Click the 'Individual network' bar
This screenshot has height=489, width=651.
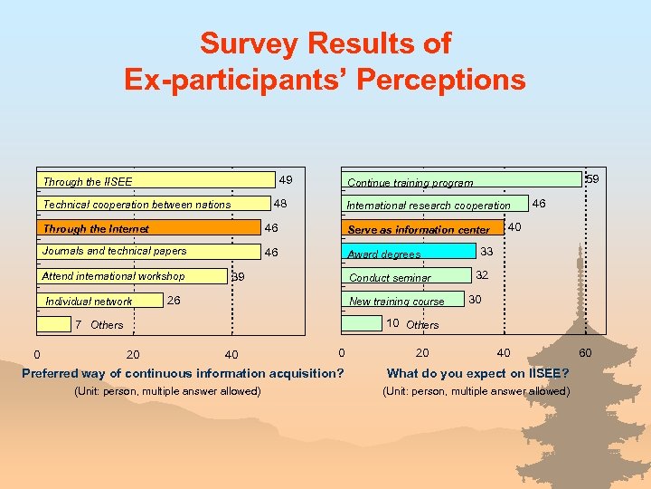click(x=99, y=301)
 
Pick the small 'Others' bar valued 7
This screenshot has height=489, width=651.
click(x=54, y=324)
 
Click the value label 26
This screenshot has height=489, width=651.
click(x=175, y=300)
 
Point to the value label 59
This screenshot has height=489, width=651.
click(x=592, y=180)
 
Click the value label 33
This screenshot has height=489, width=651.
click(x=486, y=251)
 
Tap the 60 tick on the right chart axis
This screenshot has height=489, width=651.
click(x=585, y=352)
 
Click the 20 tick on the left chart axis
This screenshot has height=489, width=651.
click(x=133, y=354)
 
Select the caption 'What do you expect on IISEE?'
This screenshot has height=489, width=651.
click(x=477, y=373)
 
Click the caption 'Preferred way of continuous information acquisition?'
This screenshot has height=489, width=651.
click(x=183, y=373)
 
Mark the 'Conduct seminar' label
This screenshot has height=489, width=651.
click(x=390, y=278)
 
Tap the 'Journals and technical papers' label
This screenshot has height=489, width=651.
click(x=115, y=251)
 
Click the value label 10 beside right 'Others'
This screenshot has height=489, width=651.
click(x=393, y=323)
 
